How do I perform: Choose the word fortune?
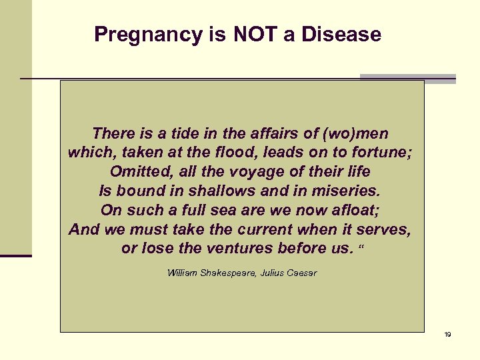[x=380, y=152]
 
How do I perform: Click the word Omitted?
[x=141, y=171]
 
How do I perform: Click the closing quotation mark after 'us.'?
[x=362, y=247]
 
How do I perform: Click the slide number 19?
[x=447, y=334]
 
